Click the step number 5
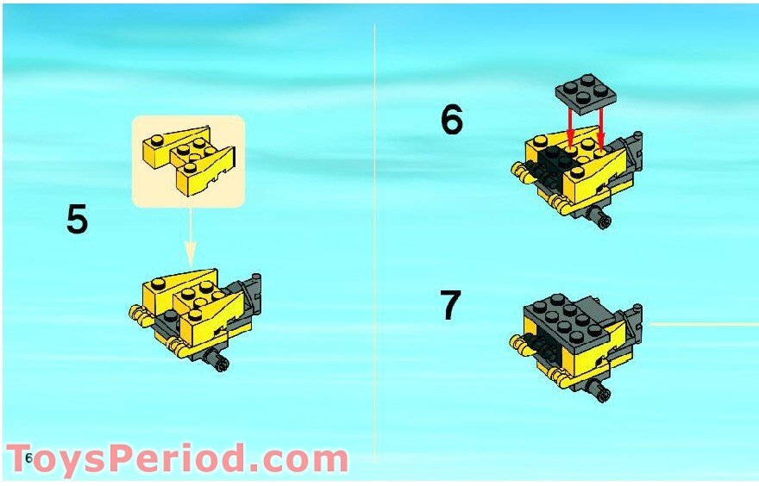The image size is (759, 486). click(78, 220)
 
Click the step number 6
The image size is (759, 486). click(452, 120)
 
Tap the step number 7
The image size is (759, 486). click(450, 305)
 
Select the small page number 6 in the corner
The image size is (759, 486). click(29, 458)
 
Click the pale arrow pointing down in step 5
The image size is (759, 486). click(191, 237)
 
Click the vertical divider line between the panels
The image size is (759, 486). click(374, 242)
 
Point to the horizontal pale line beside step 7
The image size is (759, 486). click(704, 324)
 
